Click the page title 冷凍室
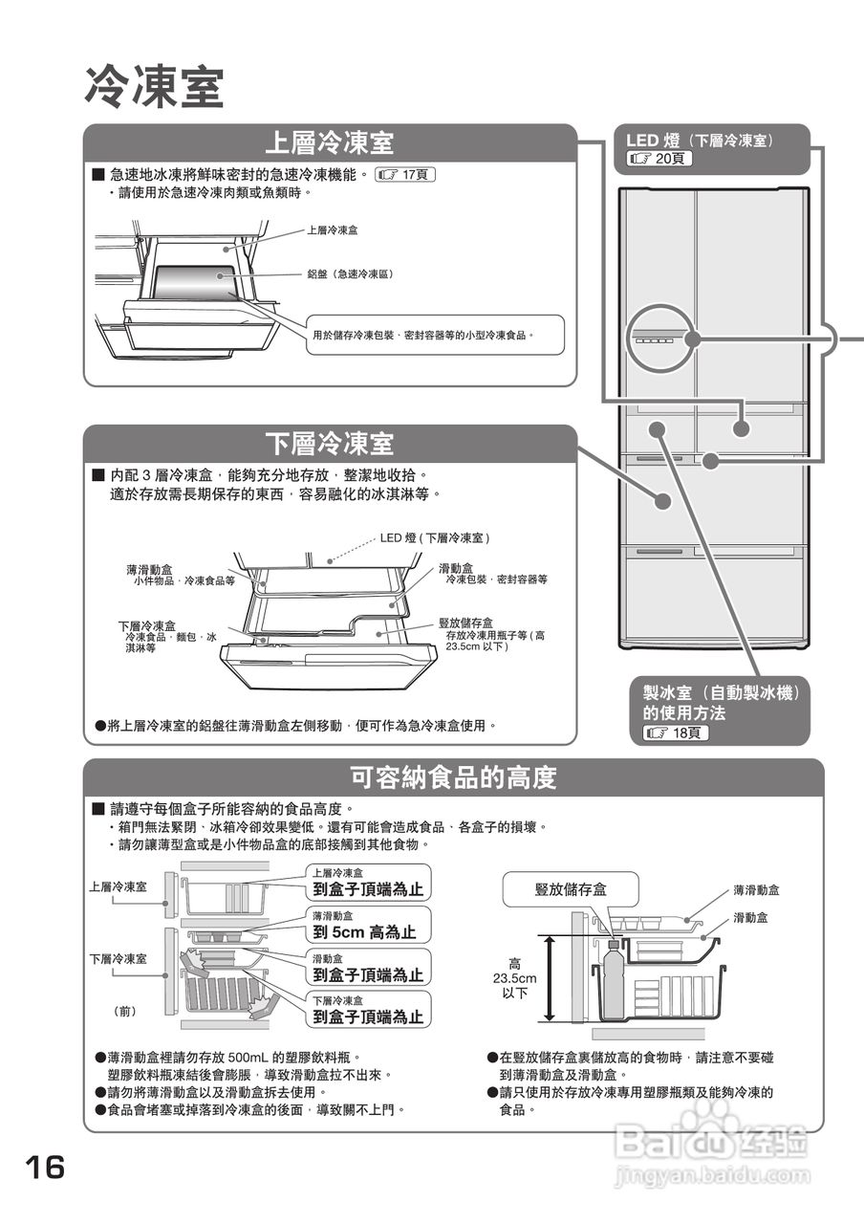154,87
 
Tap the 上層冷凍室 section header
329,143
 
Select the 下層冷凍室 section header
329,444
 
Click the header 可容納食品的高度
453,777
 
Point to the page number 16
45,1168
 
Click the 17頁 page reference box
407,175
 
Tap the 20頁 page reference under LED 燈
659,159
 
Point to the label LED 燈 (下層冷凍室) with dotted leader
435,538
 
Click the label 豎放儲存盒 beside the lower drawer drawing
466,623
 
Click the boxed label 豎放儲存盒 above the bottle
570,890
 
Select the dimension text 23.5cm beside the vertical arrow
515,979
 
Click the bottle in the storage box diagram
615,980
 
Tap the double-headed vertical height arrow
551,980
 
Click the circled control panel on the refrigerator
659,339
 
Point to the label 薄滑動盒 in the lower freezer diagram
149,570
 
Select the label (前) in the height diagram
125,1010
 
